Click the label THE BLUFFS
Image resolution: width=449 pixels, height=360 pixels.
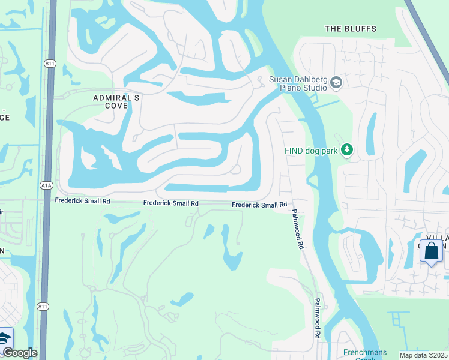coord(350,29)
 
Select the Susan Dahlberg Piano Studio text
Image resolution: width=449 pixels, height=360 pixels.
coord(298,83)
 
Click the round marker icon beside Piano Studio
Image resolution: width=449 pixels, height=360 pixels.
coord(336,83)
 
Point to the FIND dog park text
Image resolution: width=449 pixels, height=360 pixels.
coord(310,151)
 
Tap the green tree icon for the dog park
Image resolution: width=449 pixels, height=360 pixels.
coord(346,150)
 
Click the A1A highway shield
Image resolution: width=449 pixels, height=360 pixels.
coord(46,185)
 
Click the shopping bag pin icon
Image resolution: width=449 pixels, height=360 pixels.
coord(431,251)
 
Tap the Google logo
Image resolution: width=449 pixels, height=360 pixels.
coord(19,353)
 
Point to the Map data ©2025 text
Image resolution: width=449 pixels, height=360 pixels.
coord(424,355)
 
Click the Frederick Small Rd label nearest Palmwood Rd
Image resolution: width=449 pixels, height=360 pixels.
coord(259,205)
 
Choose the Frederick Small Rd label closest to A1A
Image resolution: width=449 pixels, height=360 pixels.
coord(82,202)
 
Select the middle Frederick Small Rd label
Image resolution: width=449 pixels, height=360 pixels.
coord(170,203)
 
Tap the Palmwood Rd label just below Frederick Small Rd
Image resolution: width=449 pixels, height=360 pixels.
coord(298,229)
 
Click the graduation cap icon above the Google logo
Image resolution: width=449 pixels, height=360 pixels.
coord(5,337)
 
